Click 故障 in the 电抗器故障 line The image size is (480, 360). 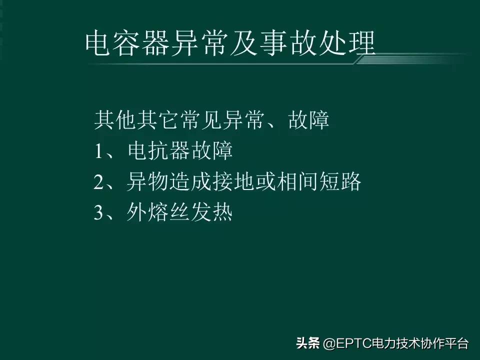(215, 151)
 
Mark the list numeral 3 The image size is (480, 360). (98, 214)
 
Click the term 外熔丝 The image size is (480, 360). (155, 213)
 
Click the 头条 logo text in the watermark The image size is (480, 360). (307, 343)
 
